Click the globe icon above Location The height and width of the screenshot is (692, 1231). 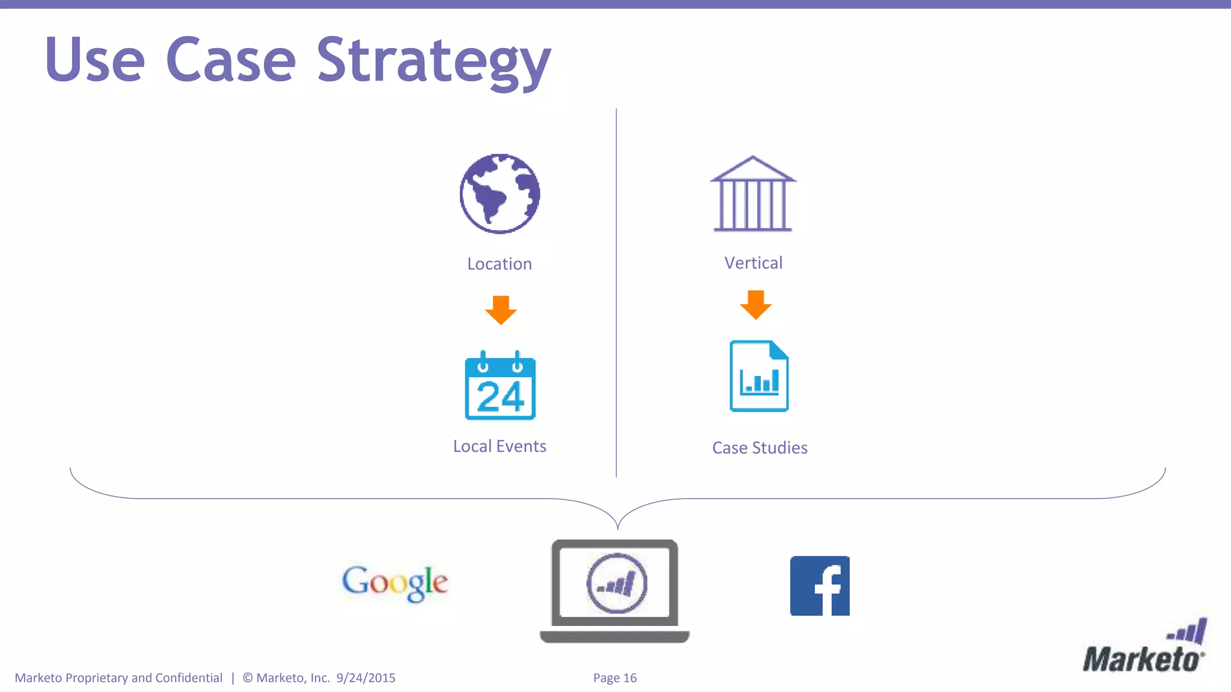(x=499, y=193)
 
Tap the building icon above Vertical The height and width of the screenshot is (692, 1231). (x=753, y=193)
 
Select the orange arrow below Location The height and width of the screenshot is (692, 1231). (x=501, y=310)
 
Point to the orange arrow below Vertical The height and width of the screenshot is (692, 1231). (x=756, y=305)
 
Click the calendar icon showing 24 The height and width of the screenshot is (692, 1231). (x=500, y=386)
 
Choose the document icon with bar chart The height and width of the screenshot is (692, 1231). (x=759, y=377)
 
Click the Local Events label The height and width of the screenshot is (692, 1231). (x=499, y=446)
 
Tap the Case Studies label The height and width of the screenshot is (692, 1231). (x=760, y=448)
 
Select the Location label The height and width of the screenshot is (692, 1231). (x=499, y=264)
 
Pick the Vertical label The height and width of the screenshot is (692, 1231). (x=753, y=263)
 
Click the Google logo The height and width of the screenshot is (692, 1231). (x=395, y=582)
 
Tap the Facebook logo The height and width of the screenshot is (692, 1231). (x=820, y=586)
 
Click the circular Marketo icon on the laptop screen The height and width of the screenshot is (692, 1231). (x=617, y=583)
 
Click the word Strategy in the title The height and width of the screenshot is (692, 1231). (x=433, y=61)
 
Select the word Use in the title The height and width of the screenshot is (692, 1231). (x=95, y=61)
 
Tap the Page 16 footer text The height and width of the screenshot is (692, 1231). (x=615, y=678)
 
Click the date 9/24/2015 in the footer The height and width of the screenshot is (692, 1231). (x=366, y=678)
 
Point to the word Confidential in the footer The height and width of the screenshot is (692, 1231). (x=189, y=678)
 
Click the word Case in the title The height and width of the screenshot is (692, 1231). (x=231, y=61)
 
